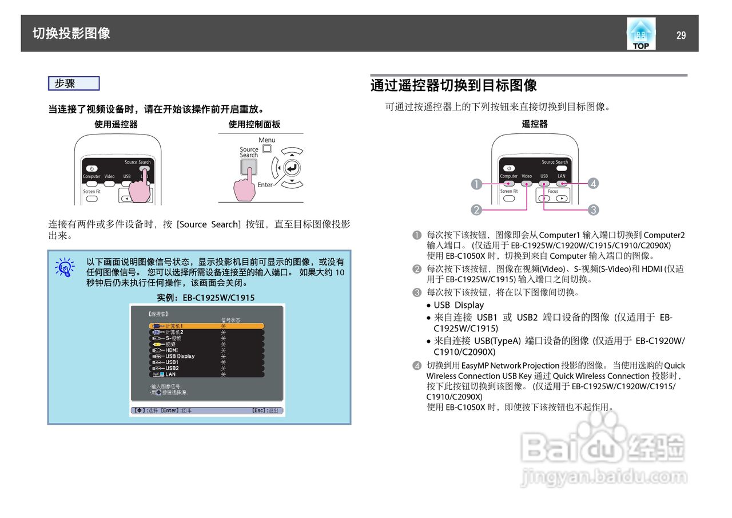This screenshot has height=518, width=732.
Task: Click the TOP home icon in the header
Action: pyautogui.click(x=640, y=34)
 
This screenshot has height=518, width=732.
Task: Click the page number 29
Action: pyautogui.click(x=681, y=35)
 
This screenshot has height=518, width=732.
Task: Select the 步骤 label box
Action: pyautogui.click(x=74, y=84)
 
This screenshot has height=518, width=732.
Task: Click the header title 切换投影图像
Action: pyautogui.click(x=71, y=33)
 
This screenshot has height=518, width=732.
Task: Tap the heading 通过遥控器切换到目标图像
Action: pyautogui.click(x=453, y=86)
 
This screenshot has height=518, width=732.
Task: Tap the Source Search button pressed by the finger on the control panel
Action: pyautogui.click(x=249, y=167)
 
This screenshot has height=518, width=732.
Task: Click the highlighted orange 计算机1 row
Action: pyautogui.click(x=206, y=326)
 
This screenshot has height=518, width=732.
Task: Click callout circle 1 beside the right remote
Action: pyautogui.click(x=475, y=184)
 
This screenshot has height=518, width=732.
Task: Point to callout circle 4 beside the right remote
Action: pyautogui.click(x=594, y=184)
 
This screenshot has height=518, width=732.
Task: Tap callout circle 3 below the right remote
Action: pyautogui.click(x=594, y=210)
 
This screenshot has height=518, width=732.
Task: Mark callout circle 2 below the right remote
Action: pyautogui.click(x=475, y=210)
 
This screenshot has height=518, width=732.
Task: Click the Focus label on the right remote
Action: pyautogui.click(x=552, y=191)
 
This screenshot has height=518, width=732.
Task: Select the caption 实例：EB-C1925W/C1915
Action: pyautogui.click(x=206, y=298)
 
